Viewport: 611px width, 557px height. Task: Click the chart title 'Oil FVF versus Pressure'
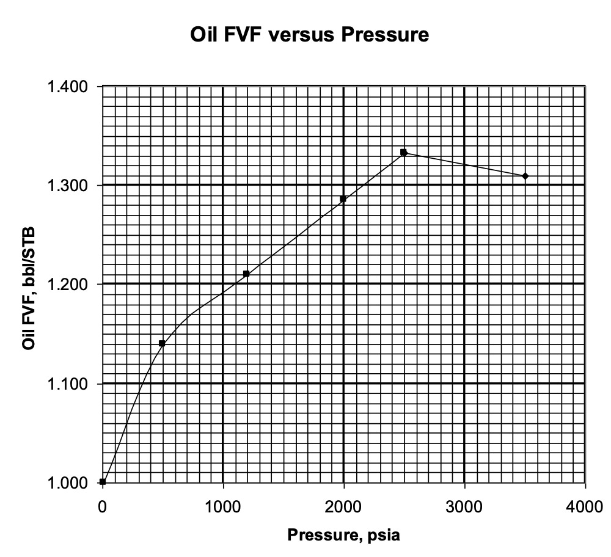pyautogui.click(x=309, y=35)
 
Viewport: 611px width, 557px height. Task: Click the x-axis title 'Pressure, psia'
pyautogui.click(x=344, y=536)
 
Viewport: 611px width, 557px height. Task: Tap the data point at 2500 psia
pyautogui.click(x=403, y=152)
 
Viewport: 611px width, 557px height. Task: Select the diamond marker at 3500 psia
pyautogui.click(x=525, y=176)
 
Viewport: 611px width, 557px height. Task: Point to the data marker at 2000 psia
pyautogui.click(x=343, y=199)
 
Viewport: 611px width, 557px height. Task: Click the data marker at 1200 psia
pyautogui.click(x=246, y=274)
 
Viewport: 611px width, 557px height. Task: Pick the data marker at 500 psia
pyautogui.click(x=162, y=343)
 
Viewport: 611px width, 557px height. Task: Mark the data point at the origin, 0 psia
pyautogui.click(x=103, y=482)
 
